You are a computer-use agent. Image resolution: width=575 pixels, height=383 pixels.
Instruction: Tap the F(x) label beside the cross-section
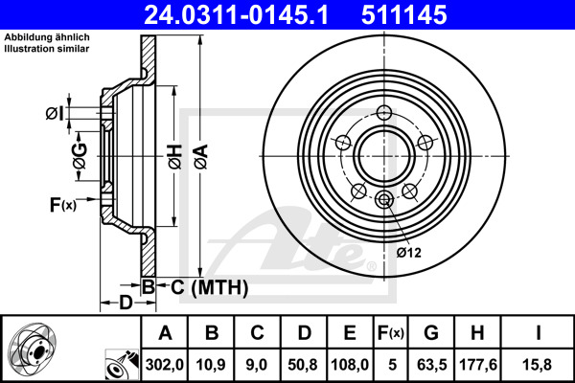[x=62, y=204]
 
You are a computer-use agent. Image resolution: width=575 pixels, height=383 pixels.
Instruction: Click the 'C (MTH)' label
[x=203, y=286]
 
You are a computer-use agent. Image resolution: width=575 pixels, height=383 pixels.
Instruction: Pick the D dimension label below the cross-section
[x=126, y=304]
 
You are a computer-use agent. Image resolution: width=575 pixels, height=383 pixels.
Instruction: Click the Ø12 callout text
[x=409, y=252]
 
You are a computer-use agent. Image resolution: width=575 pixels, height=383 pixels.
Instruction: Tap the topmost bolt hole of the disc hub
[x=383, y=111]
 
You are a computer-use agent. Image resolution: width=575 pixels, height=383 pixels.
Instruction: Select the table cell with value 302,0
[x=164, y=364]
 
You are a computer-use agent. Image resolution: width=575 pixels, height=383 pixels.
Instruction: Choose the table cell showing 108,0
[x=350, y=364]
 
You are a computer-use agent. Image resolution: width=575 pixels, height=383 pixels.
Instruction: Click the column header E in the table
[x=350, y=332]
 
